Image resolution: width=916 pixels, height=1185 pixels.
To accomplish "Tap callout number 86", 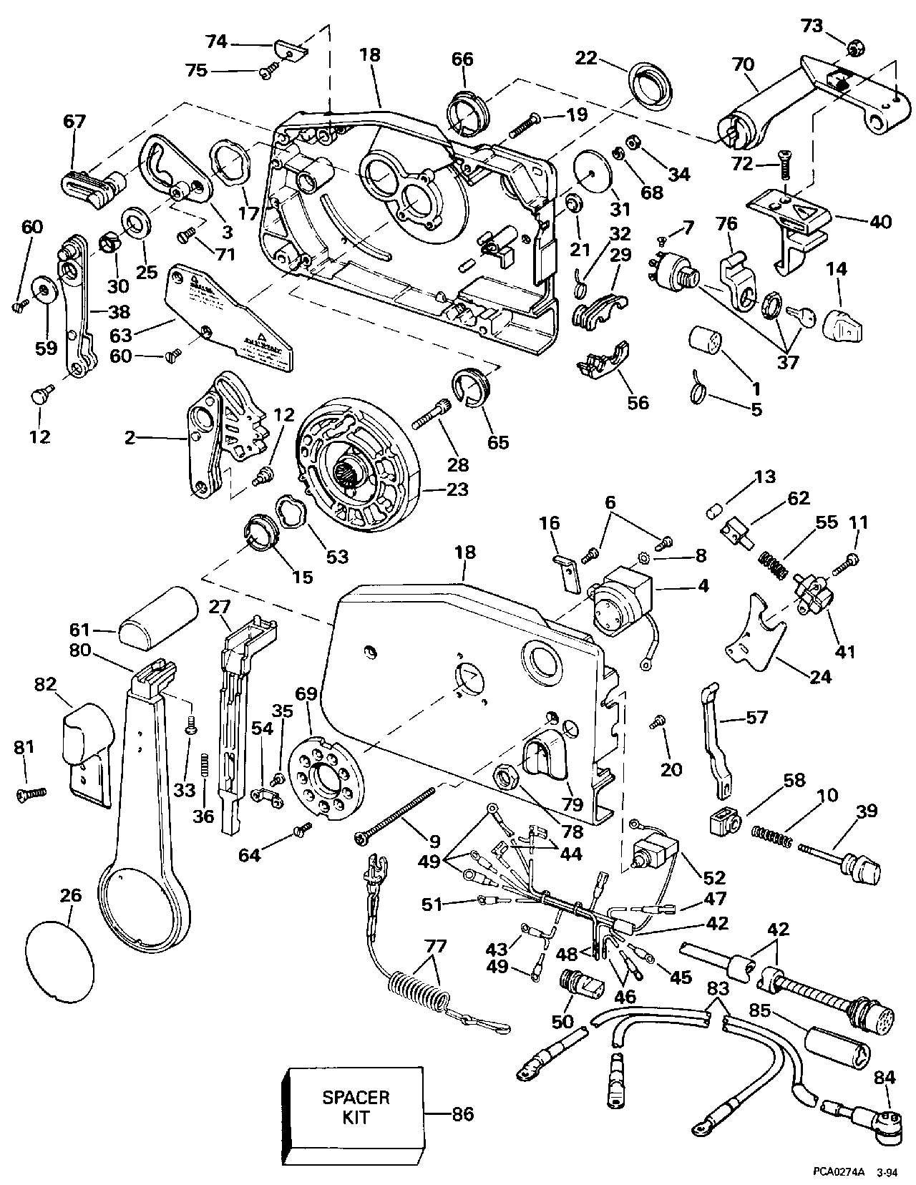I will [x=462, y=1113].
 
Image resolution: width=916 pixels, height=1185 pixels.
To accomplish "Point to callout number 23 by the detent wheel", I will [x=457, y=489].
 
